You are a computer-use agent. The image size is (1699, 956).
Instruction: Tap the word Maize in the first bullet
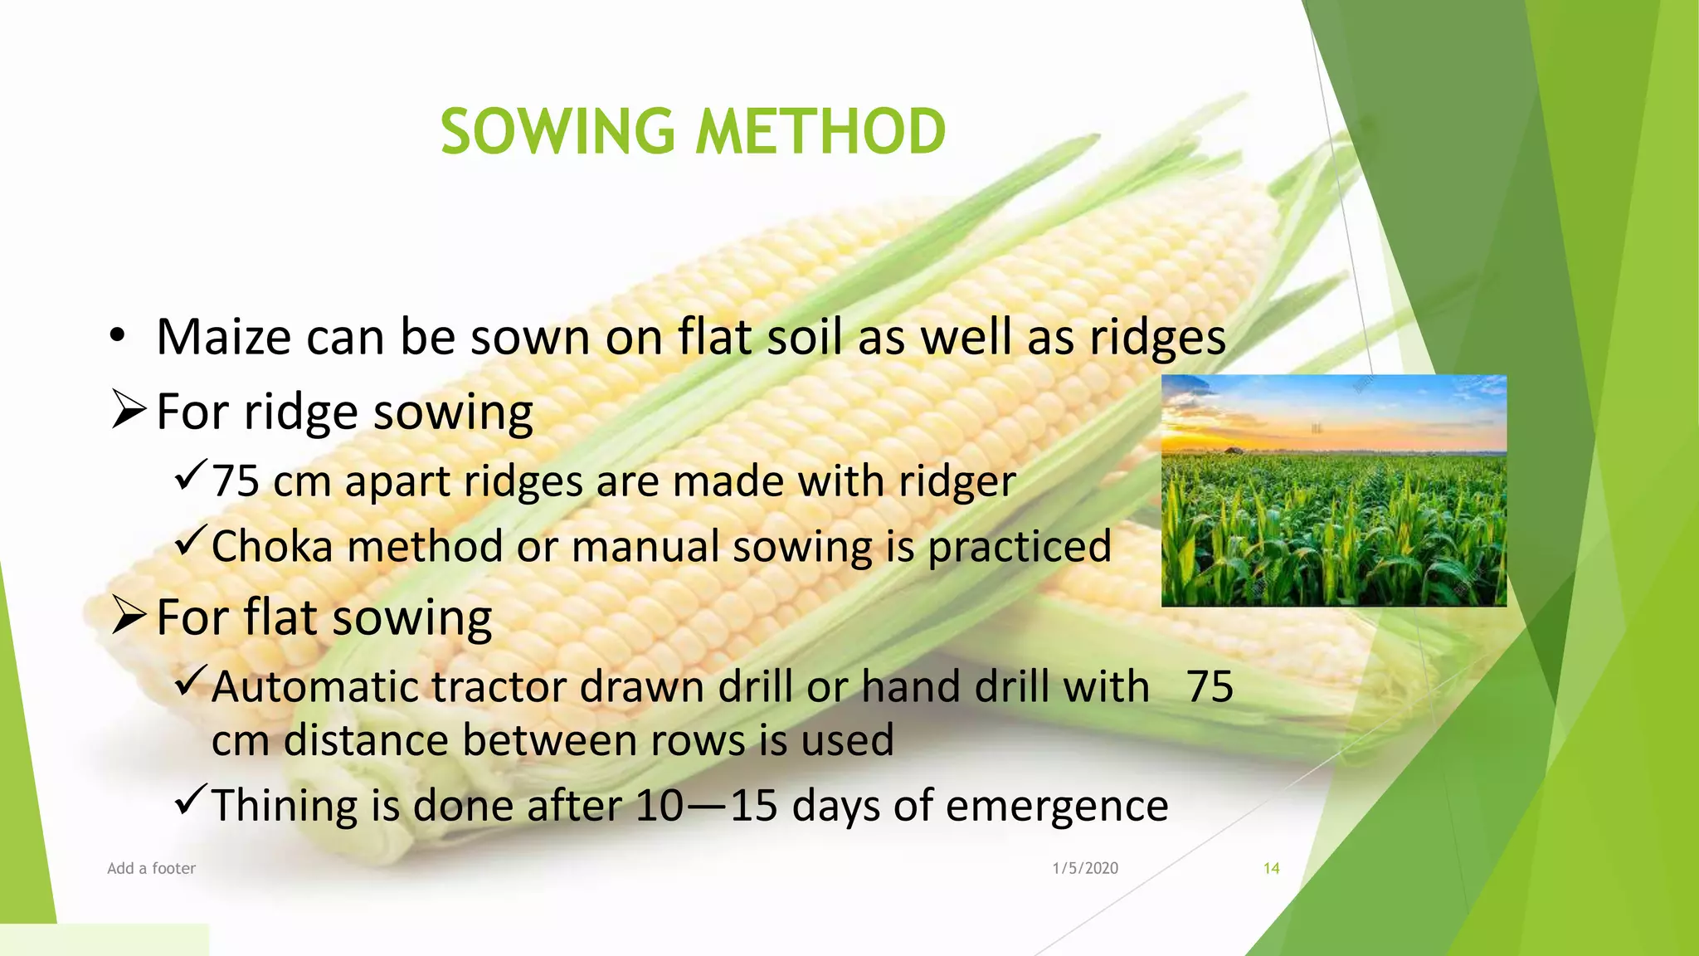(224, 337)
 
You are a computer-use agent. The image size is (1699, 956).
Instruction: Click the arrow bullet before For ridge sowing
(129, 410)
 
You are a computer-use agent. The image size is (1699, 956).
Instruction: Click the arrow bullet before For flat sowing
(129, 616)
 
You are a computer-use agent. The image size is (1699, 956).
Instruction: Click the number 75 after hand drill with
(1210, 687)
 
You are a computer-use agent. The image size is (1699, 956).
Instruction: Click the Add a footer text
(151, 868)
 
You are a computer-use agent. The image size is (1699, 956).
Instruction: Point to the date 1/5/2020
(1085, 868)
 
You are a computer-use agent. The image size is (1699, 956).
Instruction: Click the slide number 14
(1271, 868)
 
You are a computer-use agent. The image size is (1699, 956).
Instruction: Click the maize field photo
(1333, 490)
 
